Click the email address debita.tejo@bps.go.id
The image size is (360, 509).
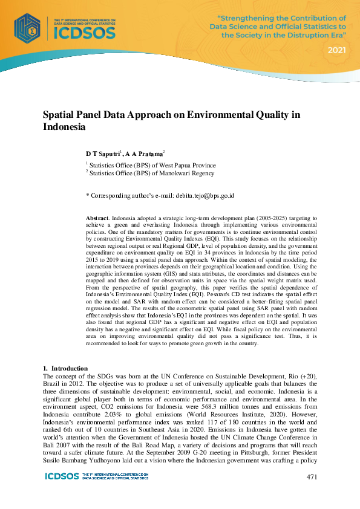coord(205,195)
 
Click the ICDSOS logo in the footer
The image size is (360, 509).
coord(62,476)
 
